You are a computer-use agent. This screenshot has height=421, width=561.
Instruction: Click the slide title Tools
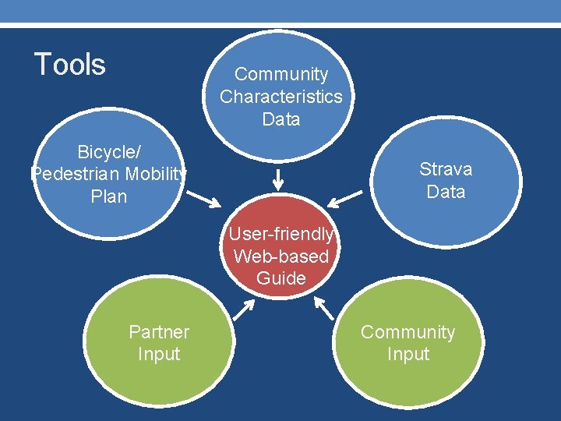pos(70,64)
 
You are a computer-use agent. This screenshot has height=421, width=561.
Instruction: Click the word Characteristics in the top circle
pos(281,97)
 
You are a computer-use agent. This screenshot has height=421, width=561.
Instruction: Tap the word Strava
pos(446,169)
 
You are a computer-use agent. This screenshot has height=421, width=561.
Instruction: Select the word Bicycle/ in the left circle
pos(109,152)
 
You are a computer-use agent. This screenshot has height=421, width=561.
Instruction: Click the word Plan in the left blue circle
pos(109,196)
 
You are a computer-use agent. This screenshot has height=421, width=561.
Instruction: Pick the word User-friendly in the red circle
pos(280,234)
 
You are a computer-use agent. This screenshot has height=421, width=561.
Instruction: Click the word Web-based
pos(280,256)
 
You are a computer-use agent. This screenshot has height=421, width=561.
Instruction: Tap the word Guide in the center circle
pos(280,278)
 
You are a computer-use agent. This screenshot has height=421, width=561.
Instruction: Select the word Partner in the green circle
pos(159,332)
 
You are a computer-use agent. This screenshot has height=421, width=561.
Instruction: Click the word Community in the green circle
pos(408,332)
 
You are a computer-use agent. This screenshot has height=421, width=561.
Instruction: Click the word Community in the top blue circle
pos(281,74)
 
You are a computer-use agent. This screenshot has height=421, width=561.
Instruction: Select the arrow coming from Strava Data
pos(346,198)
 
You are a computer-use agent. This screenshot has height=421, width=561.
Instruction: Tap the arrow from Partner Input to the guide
pos(244,311)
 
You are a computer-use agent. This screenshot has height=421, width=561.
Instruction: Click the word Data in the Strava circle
pos(446,192)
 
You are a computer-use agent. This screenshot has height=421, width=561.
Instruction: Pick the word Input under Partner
pos(159,354)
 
